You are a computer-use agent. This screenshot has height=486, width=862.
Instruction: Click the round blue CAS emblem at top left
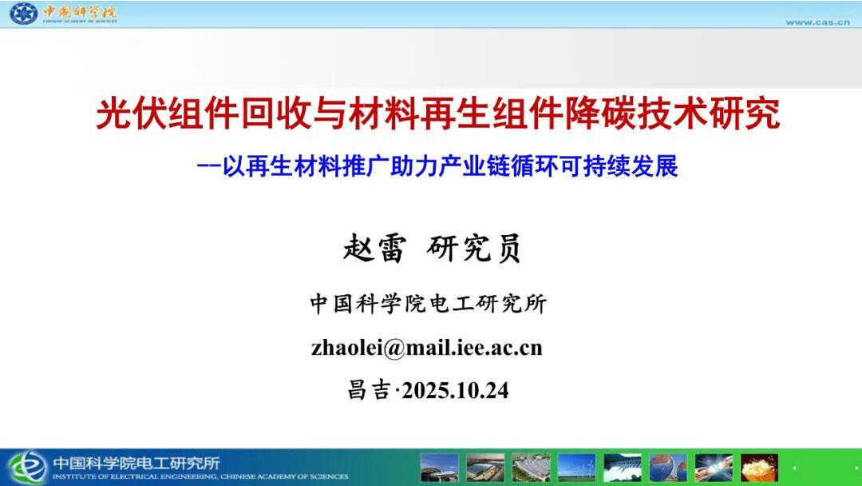coord(24,14)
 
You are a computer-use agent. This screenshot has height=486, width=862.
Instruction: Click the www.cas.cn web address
coord(817,22)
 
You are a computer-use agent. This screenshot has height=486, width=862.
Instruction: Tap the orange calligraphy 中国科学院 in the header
coord(79,11)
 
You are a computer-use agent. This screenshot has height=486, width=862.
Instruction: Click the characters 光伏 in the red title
coord(131,114)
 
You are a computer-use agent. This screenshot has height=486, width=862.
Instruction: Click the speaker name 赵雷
coord(375,249)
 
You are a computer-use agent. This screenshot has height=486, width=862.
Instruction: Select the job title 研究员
coord(474,249)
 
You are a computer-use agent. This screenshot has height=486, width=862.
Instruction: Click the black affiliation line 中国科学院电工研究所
coord(429,304)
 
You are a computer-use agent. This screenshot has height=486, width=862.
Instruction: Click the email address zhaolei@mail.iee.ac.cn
coord(426,348)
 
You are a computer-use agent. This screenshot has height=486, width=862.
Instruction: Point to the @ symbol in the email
coord(393,349)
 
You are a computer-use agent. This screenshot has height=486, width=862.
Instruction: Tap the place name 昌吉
coord(369,390)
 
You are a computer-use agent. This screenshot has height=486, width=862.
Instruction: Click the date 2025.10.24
coord(455,391)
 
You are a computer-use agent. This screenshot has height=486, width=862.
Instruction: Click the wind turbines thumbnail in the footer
coord(577,468)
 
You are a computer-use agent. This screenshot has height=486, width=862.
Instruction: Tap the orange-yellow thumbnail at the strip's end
coord(759,468)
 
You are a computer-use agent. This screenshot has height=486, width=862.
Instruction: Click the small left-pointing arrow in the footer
coord(794,468)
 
